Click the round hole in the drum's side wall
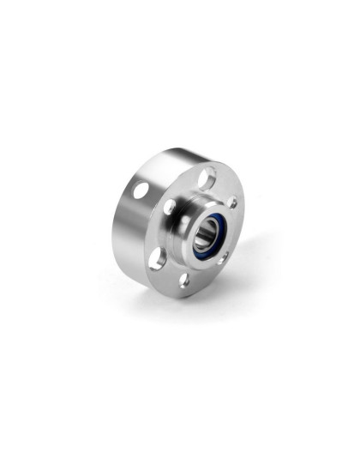(140, 190)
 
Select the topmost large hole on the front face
(206, 178)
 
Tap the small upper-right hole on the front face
(232, 203)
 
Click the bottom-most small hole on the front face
(183, 280)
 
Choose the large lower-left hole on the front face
(157, 258)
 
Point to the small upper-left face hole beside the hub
(170, 207)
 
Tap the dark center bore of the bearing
(205, 233)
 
